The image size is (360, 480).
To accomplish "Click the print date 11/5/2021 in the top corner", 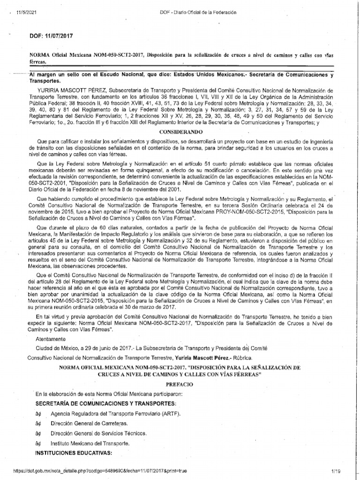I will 23,13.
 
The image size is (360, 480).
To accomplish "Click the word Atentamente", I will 51,338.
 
